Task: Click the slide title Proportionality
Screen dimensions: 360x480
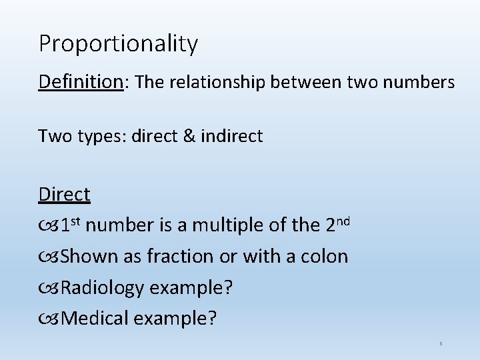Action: coord(118,44)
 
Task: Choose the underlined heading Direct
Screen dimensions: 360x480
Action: coord(64,195)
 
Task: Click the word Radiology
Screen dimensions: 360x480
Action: coord(101,287)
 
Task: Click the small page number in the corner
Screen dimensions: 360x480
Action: coord(441,344)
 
